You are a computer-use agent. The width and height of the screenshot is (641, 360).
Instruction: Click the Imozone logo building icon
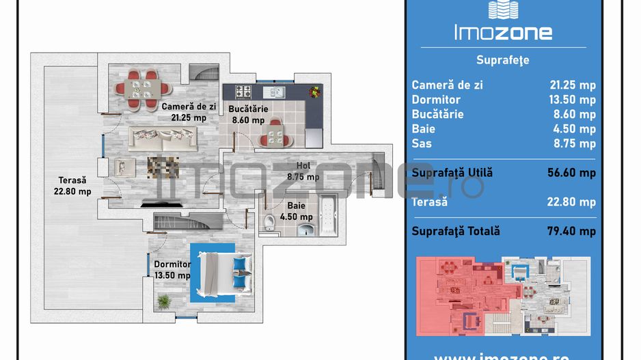(503, 10)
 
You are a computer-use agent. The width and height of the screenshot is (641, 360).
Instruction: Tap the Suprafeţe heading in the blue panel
(503, 60)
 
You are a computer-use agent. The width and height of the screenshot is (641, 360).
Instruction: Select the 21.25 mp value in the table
(573, 85)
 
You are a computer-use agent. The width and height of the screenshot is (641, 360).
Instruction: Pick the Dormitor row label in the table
(436, 100)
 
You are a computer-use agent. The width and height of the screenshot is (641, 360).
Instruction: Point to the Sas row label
(422, 143)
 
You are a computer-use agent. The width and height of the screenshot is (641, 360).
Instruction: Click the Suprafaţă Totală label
(456, 231)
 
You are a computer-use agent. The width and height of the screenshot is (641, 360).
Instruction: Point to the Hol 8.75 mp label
(303, 171)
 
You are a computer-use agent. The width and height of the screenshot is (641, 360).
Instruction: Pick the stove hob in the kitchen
(244, 91)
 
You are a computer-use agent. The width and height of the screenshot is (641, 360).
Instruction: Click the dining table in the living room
(144, 89)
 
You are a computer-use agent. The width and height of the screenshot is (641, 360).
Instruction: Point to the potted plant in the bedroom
(164, 301)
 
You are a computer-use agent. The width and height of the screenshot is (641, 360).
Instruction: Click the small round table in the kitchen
(275, 133)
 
